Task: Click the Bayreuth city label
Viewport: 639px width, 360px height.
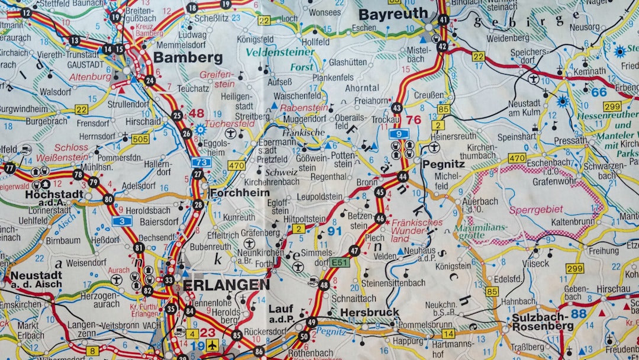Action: pos(393,14)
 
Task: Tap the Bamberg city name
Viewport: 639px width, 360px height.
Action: pos(188,57)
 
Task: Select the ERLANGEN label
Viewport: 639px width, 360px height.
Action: pos(226,285)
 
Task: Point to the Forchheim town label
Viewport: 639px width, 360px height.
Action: pos(239,192)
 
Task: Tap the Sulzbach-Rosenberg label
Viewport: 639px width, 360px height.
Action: pos(543,322)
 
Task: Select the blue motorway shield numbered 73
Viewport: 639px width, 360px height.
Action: pos(201,162)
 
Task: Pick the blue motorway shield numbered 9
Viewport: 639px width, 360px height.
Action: pos(399,134)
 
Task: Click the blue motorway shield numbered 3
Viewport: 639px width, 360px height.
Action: pos(122,221)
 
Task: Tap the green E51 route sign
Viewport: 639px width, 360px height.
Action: pos(340,262)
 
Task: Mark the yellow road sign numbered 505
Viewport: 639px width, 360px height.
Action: pos(140,139)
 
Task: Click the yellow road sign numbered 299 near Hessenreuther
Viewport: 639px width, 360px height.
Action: pos(612,107)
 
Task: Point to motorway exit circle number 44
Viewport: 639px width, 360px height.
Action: pos(403,176)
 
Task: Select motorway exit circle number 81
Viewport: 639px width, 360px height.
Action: pos(139,247)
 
